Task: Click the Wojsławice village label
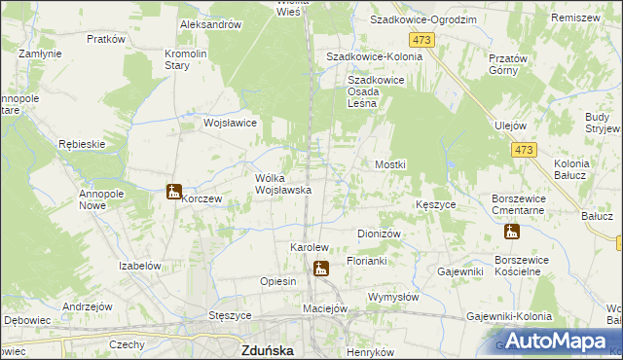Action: pyautogui.click(x=230, y=124)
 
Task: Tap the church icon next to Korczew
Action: pyautogui.click(x=173, y=192)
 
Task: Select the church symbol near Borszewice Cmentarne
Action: pyautogui.click(x=512, y=232)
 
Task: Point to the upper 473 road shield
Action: pyautogui.click(x=421, y=39)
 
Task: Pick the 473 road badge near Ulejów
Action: pyautogui.click(x=524, y=150)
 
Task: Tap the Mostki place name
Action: pyautogui.click(x=390, y=165)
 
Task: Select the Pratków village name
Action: pyautogui.click(x=106, y=40)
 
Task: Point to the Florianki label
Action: pyautogui.click(x=367, y=262)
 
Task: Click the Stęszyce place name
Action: pyautogui.click(x=231, y=316)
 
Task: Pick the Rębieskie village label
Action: pyautogui.click(x=81, y=144)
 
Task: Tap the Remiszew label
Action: pyautogui.click(x=574, y=18)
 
